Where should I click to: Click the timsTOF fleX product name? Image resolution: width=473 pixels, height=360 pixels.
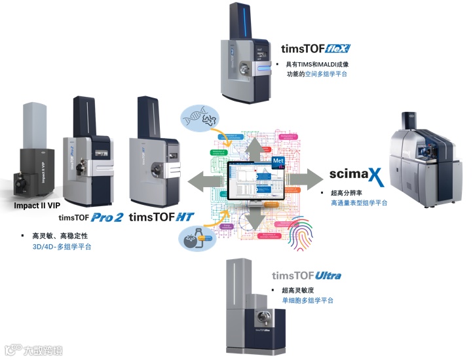point(316,48)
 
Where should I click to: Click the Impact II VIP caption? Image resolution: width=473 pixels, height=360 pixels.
point(37,205)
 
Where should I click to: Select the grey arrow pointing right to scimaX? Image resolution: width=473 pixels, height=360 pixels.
point(303,179)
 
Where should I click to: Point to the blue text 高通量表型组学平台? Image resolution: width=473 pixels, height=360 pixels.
point(359,204)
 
